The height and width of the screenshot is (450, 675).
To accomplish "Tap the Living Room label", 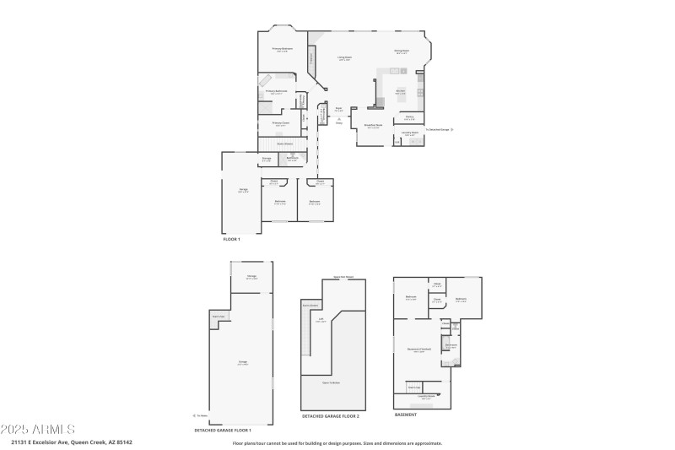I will pyautogui.click(x=344, y=58).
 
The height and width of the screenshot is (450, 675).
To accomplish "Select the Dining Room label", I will pyautogui.click(x=401, y=51).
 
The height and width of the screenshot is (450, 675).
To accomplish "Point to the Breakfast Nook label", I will pyautogui.click(x=373, y=126).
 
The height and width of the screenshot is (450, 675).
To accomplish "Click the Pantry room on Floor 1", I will pyautogui.click(x=409, y=117).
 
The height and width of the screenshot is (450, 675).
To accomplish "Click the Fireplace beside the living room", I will pyautogui.click(x=312, y=59).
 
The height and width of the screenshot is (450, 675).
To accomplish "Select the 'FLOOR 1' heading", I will pyautogui.click(x=231, y=240).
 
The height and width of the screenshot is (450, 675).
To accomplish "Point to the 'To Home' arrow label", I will pyautogui.click(x=201, y=415).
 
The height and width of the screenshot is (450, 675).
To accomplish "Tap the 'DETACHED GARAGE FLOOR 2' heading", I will pyautogui.click(x=331, y=416).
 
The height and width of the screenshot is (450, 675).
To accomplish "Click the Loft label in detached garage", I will pyautogui.click(x=321, y=319).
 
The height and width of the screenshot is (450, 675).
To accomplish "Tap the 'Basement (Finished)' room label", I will pyautogui.click(x=419, y=350).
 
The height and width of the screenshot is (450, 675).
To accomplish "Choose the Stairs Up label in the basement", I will pyautogui.click(x=414, y=388).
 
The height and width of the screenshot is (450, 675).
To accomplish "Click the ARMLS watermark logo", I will pyautogui.click(x=38, y=431).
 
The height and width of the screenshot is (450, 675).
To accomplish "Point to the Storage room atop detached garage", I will pyautogui.click(x=251, y=277).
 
